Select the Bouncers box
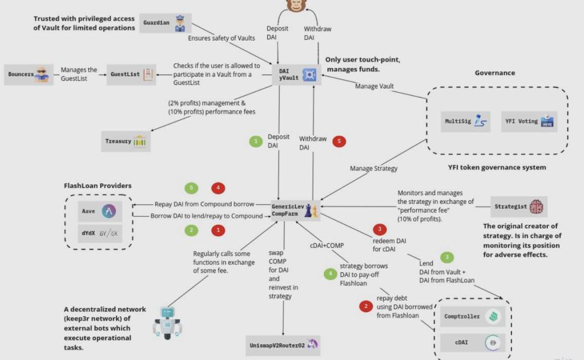[x=29, y=75]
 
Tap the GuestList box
[x=130, y=75]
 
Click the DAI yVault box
[x=296, y=75]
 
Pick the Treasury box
[x=125, y=141]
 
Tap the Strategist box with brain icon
[x=517, y=206]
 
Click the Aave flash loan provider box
[x=97, y=212]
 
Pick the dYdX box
[x=97, y=234]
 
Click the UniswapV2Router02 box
[x=282, y=345]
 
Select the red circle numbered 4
[x=218, y=188]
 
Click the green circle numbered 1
[x=255, y=142]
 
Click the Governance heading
[x=495, y=72]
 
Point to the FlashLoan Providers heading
[x=98, y=186]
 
